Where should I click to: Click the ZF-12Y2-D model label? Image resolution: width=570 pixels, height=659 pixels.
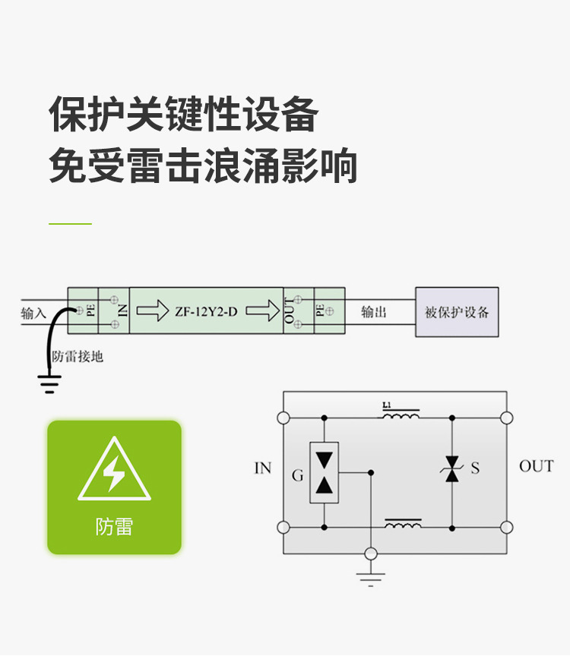click(x=206, y=311)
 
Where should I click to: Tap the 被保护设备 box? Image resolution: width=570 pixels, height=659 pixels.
click(x=457, y=312)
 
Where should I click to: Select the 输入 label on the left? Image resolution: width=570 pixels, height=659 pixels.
click(x=33, y=313)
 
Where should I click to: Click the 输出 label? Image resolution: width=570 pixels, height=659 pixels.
click(x=373, y=312)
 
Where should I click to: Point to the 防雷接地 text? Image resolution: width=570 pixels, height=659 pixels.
click(x=77, y=356)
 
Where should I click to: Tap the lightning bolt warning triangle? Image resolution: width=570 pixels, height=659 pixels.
click(x=114, y=471)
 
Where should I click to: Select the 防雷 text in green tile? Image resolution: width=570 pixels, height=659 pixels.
click(x=114, y=526)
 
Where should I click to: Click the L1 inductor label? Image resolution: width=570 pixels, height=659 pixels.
click(x=387, y=405)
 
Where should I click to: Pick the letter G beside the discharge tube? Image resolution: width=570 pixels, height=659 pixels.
click(x=297, y=476)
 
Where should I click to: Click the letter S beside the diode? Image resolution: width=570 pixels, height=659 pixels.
click(x=475, y=468)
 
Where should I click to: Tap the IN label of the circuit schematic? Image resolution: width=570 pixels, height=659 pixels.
click(x=262, y=468)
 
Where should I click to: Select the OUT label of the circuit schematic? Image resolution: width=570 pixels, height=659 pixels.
click(x=536, y=466)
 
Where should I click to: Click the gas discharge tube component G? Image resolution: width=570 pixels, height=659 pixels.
click(x=324, y=472)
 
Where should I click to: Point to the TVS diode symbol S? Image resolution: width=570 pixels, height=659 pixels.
click(x=452, y=468)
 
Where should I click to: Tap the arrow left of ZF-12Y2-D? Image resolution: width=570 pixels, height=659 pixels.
click(x=152, y=311)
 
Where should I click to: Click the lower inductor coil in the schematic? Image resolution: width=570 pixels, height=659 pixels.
click(x=403, y=524)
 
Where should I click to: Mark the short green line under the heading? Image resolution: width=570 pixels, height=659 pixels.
click(x=70, y=224)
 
